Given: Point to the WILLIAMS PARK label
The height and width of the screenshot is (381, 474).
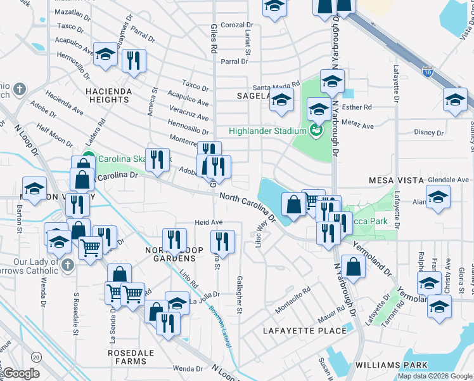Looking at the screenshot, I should click(x=392, y=365).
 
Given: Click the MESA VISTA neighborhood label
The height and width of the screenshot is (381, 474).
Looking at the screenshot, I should click(x=396, y=181).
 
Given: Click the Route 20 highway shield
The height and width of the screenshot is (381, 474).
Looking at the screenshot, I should click(x=37, y=357).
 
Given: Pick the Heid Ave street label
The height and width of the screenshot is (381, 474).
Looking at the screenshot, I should click(x=208, y=223).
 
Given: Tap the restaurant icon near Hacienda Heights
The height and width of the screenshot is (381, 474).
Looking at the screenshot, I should click(x=134, y=60).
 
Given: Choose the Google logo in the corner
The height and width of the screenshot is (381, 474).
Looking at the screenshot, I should click(x=22, y=374).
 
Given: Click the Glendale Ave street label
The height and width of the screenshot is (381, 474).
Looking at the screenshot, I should click(x=448, y=180).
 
